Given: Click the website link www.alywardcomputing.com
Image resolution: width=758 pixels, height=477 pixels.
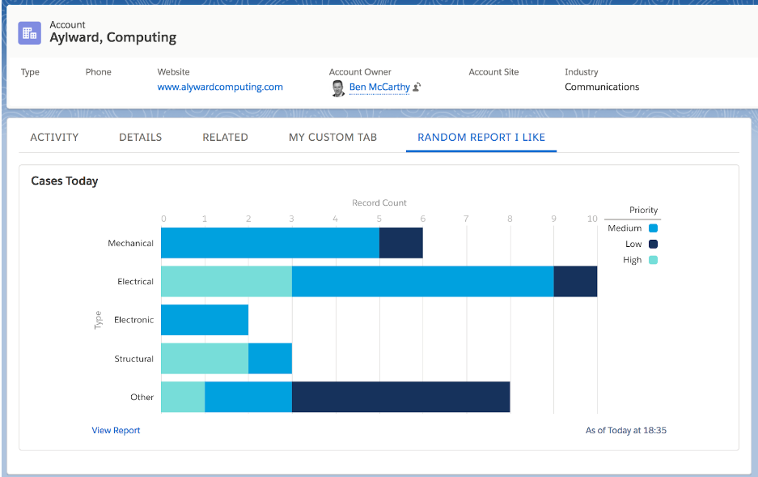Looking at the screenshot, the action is coord(220,87).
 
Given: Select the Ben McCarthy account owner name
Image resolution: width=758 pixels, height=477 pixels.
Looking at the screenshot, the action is coord(379,87).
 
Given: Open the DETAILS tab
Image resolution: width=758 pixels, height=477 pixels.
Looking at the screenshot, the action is coord(141,138).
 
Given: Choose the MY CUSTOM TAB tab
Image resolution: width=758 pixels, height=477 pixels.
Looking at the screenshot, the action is coord(332,138).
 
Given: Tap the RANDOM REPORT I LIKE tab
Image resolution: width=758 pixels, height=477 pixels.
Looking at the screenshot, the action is coord(481,138).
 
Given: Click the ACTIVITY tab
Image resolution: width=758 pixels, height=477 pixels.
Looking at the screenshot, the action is coord(54,138).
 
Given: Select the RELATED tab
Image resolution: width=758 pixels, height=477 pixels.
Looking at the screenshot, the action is coord(225,138).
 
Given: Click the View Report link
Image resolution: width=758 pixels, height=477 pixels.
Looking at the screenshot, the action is coord(116,430).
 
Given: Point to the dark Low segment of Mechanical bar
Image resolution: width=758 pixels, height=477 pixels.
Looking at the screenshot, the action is coord(401,243).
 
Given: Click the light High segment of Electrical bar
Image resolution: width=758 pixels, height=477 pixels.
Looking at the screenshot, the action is coord(227,281).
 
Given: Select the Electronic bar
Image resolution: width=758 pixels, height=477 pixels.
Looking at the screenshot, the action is coord(205,320).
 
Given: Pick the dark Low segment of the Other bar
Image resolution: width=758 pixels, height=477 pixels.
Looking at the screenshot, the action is coord(400,397).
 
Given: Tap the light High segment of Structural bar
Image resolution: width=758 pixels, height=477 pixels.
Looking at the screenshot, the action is coord(205,359).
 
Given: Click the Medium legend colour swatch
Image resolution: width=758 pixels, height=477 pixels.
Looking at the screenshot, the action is coord(653,228).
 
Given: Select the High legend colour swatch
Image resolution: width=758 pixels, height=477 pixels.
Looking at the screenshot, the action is coord(653,260).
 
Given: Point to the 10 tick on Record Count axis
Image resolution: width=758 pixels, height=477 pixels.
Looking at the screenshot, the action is coord(593,219).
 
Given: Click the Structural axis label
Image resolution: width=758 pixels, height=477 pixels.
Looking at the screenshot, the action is coord(134,359).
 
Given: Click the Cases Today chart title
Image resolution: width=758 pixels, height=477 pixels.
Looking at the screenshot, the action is coord(65,181).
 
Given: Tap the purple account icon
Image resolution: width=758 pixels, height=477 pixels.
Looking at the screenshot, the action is coord(29,33).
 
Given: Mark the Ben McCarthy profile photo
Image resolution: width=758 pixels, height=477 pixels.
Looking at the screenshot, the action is coord(338,88).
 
